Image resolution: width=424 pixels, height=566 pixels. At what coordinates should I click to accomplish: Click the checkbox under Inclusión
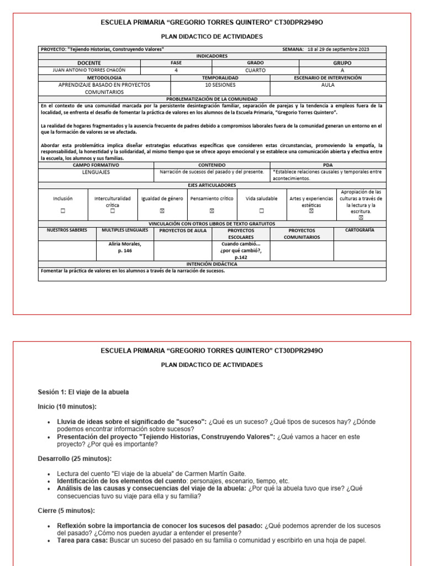pos(62,211)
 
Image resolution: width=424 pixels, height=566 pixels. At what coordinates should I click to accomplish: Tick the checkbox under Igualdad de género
pos(162,211)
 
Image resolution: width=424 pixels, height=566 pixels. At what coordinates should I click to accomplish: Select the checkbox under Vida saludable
pos(261,211)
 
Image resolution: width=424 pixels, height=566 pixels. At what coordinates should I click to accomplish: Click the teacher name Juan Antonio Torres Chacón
pos(89,70)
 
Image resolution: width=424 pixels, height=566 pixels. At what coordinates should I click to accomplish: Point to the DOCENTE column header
pos(89,63)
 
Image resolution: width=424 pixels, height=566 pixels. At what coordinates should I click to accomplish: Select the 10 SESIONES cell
pos(220,86)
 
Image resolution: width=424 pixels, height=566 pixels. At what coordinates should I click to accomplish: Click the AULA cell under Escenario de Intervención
pos(327,86)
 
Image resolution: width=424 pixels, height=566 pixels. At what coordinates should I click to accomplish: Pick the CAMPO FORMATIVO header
pos(96,165)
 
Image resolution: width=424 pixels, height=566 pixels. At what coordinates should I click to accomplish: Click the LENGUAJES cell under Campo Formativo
pos(96,172)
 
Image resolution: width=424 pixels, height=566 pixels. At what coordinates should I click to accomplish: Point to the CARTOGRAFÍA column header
pos(359,230)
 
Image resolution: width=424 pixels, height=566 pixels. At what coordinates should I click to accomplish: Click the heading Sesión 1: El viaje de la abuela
pos(83,392)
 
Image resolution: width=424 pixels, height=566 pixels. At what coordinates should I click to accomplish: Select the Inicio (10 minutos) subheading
pos(67,407)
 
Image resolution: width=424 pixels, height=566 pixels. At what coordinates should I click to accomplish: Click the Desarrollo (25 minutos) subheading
pos(74,458)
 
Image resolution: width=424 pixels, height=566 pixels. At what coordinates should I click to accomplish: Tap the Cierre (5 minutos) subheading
pos(66,510)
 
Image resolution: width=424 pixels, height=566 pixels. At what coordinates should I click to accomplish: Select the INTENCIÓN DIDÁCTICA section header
pos(212,264)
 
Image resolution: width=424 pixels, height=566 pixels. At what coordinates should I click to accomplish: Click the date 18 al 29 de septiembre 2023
pos(338,49)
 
